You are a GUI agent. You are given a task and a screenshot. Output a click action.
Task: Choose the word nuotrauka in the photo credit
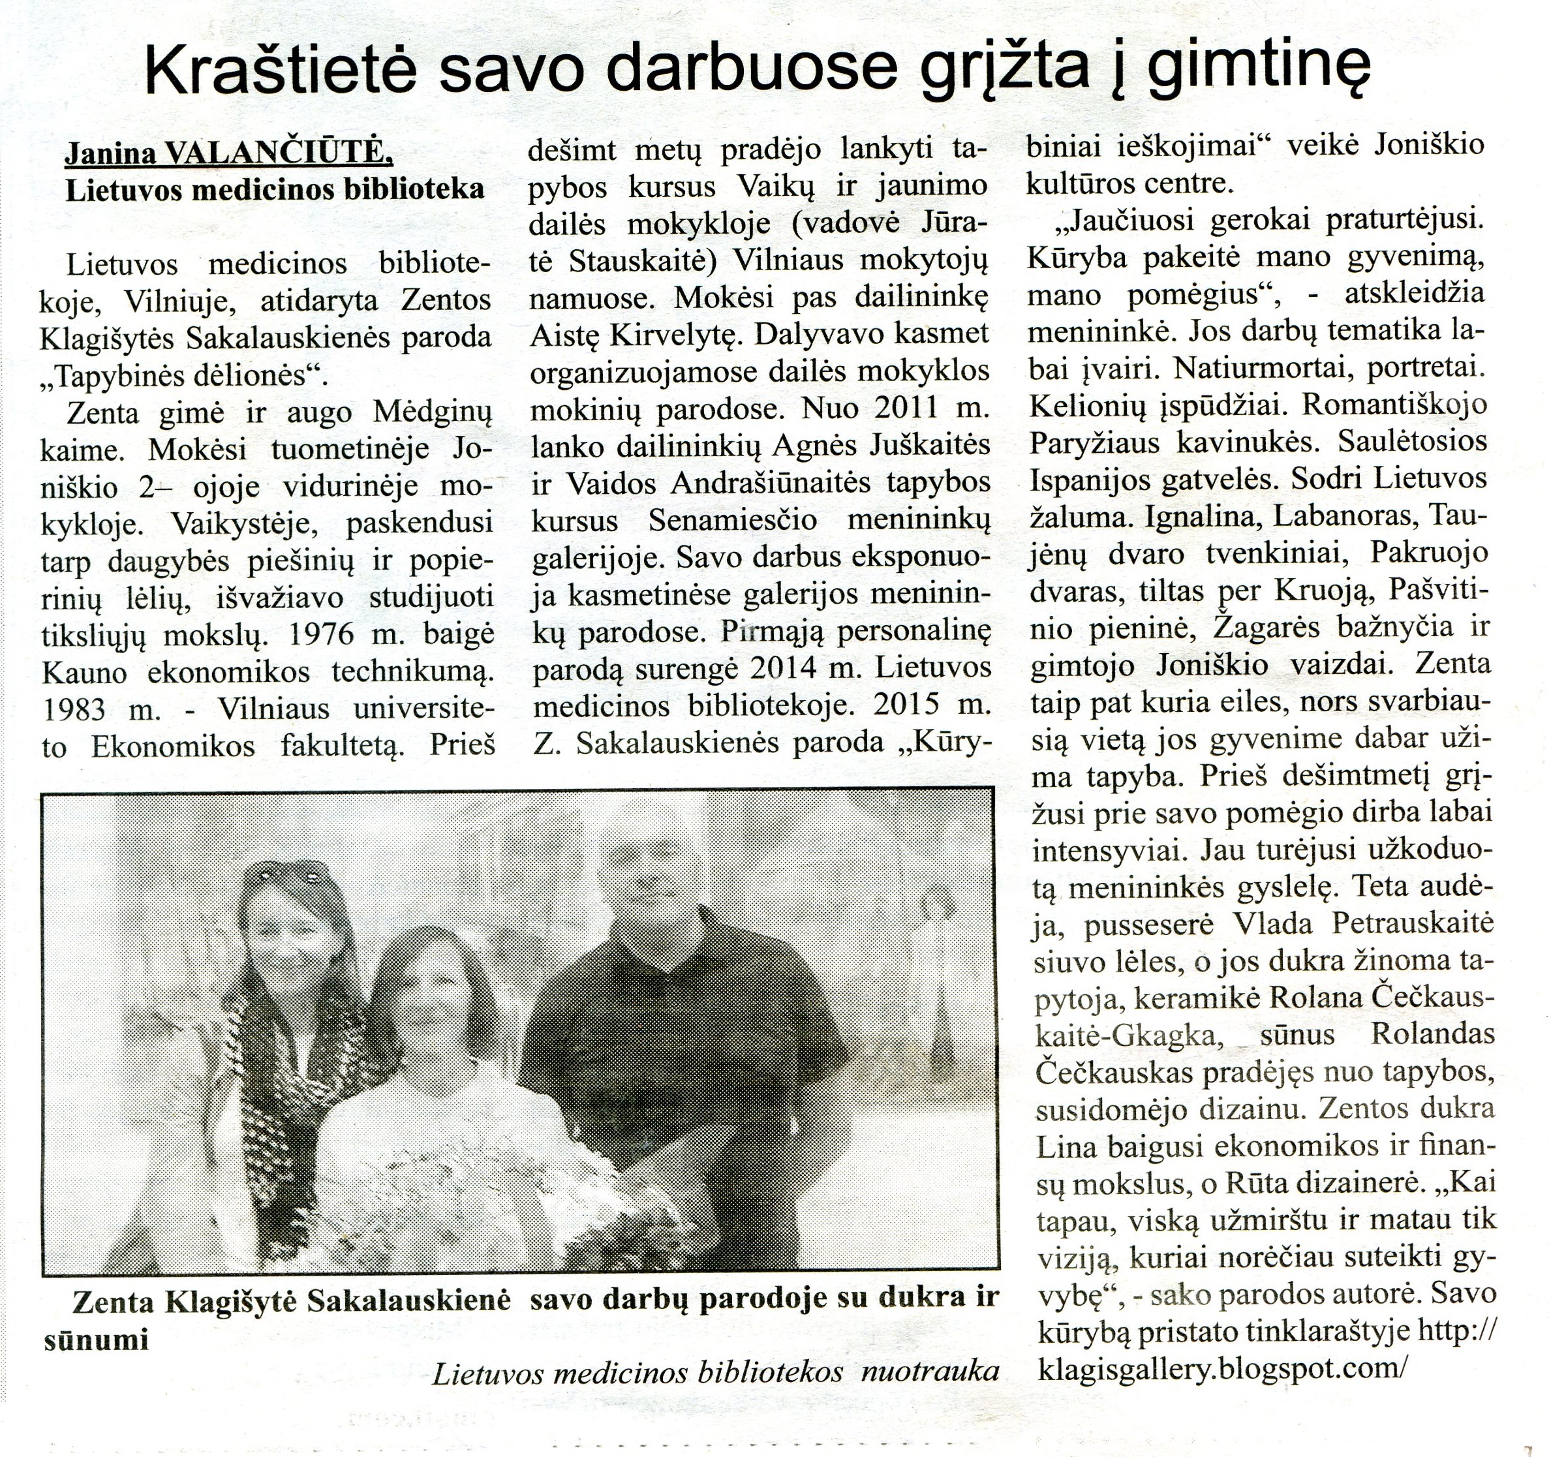click(930, 1372)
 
